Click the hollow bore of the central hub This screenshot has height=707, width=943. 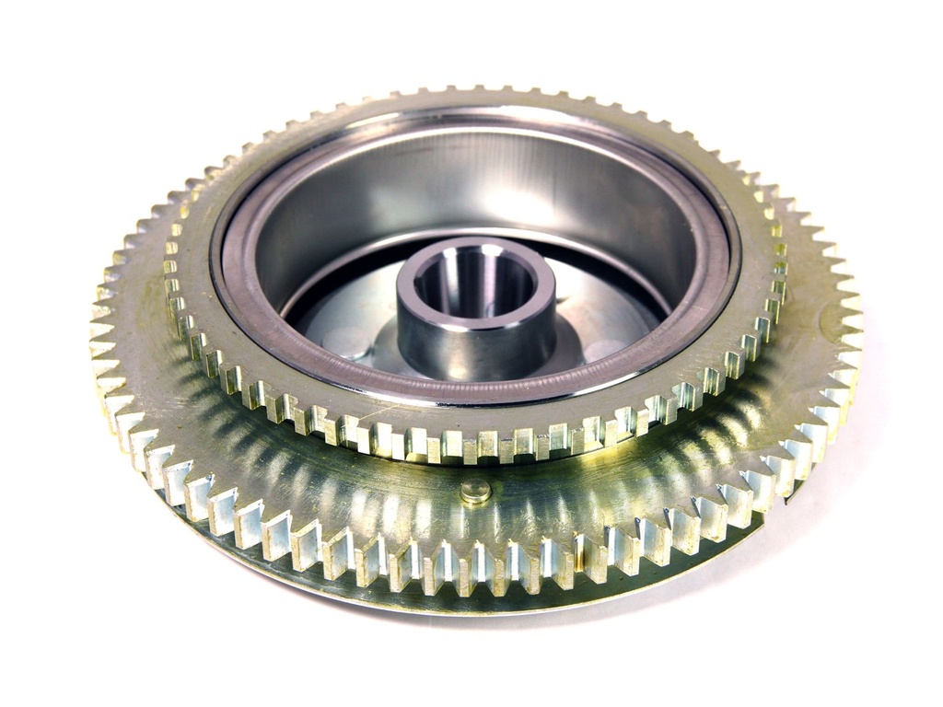coord(474,281)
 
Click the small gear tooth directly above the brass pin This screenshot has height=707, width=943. coord(476,446)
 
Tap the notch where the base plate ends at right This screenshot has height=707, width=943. coord(783,502)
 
